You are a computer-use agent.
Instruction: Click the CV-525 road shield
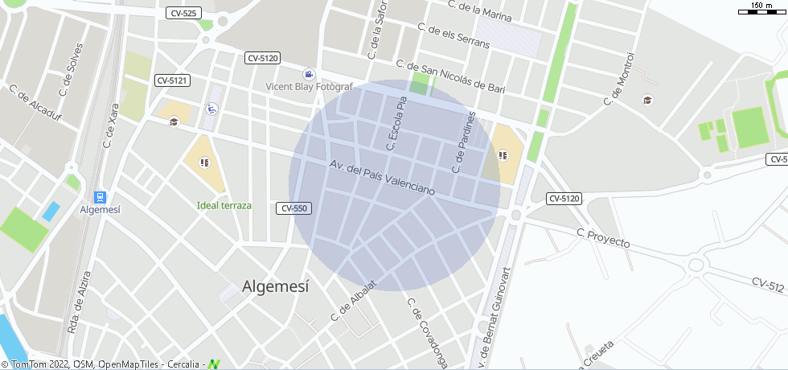pos(184,14)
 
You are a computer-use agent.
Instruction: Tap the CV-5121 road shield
pos(172,80)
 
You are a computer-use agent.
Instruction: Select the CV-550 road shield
pos(293,208)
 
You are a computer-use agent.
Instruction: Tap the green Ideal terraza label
pos(224,205)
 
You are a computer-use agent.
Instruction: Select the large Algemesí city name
pos(275,286)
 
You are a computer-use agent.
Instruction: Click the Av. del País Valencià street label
pos(382,178)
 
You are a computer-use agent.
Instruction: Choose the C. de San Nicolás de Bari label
pos(450,77)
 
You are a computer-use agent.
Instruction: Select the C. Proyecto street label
pos(603,237)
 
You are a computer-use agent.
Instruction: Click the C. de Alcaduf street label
pos(35,101)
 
